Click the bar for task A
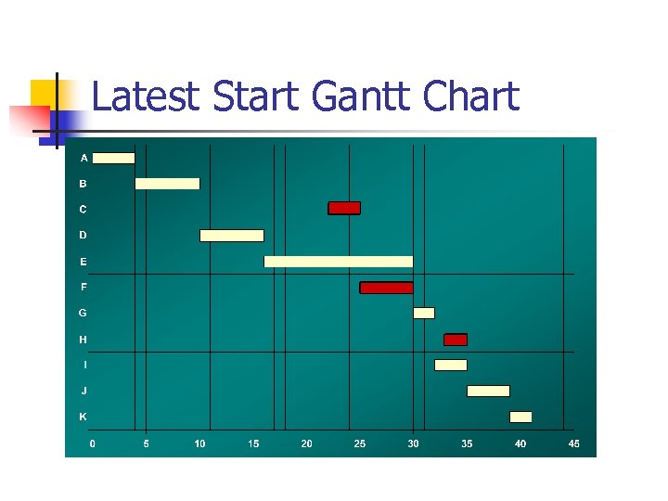tap(113, 158)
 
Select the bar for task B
tap(167, 184)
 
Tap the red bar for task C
tap(344, 208)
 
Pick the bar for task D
tap(232, 236)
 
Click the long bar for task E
tap(339, 262)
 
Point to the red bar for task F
tap(386, 288)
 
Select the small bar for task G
tap(423, 313)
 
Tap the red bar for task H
tap(456, 340)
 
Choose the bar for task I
tap(451, 365)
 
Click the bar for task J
tap(488, 391)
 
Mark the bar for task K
tap(520, 417)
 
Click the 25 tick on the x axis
tap(360, 444)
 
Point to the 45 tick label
tap(574, 444)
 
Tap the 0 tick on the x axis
tap(92, 444)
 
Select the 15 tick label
tap(253, 444)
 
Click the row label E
tap(83, 262)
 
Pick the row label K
tap(83, 417)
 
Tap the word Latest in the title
tap(147, 96)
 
